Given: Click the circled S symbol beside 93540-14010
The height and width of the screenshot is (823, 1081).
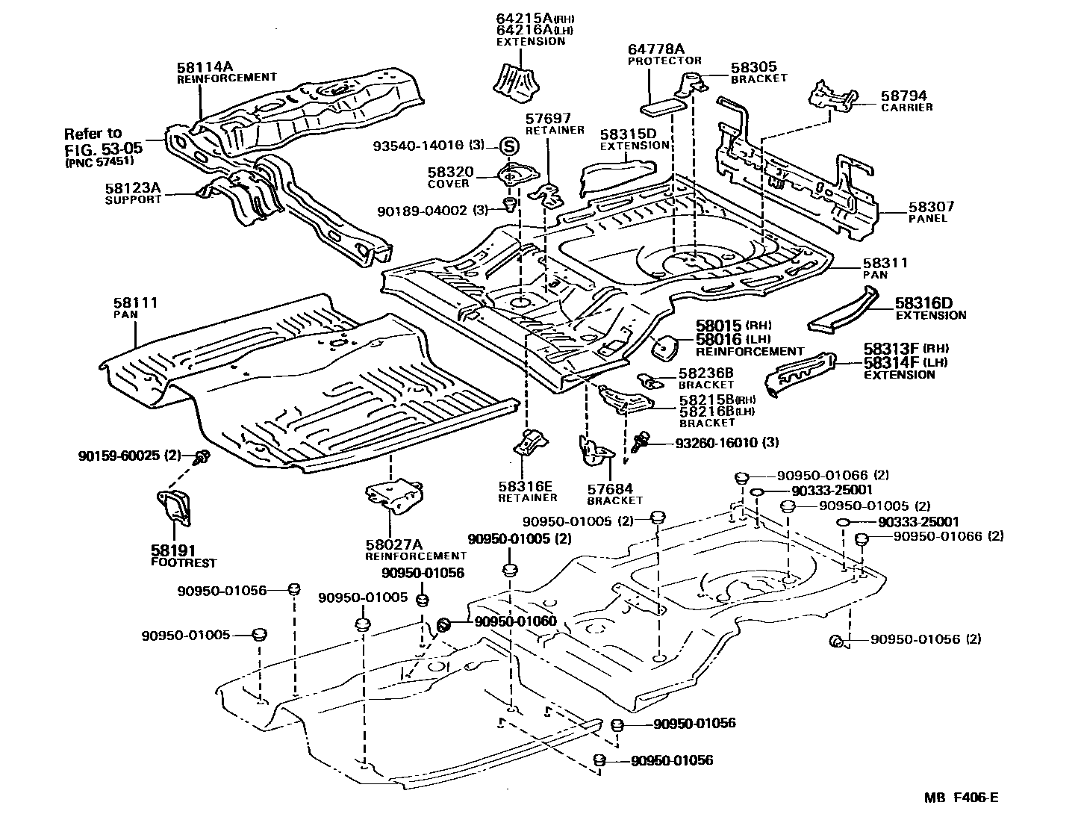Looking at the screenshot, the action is coord(510,146).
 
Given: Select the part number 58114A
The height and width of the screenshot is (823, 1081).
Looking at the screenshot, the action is coord(205,67).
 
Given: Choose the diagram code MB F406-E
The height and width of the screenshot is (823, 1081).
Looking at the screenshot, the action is coord(961,797).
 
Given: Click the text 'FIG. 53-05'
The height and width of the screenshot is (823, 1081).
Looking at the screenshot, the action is coord(104,149).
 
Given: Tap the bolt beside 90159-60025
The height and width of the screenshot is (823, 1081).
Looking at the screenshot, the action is coord(202,457).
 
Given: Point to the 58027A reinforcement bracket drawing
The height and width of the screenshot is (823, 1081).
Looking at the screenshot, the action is coord(394,494).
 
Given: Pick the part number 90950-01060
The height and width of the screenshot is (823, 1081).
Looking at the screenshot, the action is coord(516,621).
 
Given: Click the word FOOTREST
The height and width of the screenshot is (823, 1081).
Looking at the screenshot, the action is coord(184,563).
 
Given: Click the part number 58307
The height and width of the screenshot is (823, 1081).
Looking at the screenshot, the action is coord(931,206).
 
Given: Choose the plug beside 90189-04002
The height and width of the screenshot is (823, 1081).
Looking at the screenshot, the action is coord(510,204).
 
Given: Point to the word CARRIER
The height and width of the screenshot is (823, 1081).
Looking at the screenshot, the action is coord(906,108).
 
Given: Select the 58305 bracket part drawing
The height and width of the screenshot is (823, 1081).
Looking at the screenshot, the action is coord(693,84).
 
